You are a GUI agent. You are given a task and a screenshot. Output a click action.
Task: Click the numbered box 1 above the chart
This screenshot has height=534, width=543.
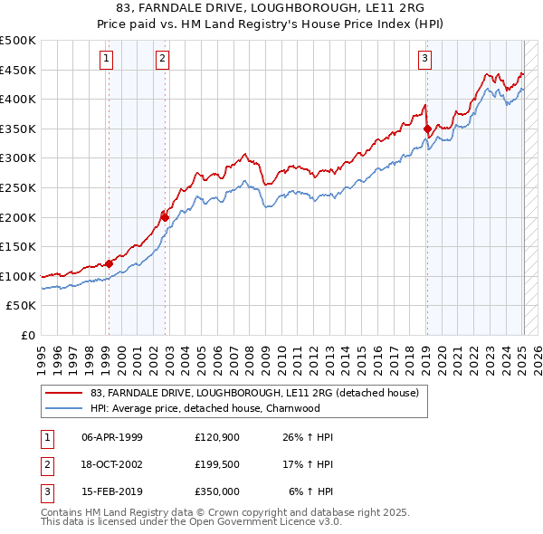click(x=107, y=60)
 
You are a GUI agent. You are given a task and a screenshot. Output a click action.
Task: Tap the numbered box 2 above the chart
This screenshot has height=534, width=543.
click(x=162, y=60)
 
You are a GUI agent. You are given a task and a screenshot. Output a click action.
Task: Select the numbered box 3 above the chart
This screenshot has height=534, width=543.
click(x=424, y=60)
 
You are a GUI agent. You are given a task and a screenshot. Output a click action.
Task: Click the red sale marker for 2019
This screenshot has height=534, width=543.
click(x=426, y=129)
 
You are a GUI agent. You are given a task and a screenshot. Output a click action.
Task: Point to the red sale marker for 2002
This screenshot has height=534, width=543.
click(x=166, y=217)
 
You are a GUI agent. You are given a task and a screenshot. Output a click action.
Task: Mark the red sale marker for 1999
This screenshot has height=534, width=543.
click(x=109, y=263)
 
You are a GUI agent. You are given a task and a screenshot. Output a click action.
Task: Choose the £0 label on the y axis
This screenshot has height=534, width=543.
click(x=27, y=335)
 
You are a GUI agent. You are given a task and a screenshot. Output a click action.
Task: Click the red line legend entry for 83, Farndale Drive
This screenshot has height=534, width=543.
click(x=254, y=394)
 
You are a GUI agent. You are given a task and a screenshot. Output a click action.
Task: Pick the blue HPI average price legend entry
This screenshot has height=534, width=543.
click(x=205, y=408)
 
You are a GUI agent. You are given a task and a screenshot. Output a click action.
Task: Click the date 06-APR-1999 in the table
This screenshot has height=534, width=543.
click(x=111, y=437)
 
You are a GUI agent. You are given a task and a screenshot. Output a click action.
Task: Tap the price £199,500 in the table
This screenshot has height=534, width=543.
click(x=217, y=464)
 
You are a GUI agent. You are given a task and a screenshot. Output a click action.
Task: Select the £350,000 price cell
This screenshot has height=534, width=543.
click(x=217, y=491)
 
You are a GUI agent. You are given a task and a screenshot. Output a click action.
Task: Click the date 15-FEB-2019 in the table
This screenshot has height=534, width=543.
click(x=111, y=491)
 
